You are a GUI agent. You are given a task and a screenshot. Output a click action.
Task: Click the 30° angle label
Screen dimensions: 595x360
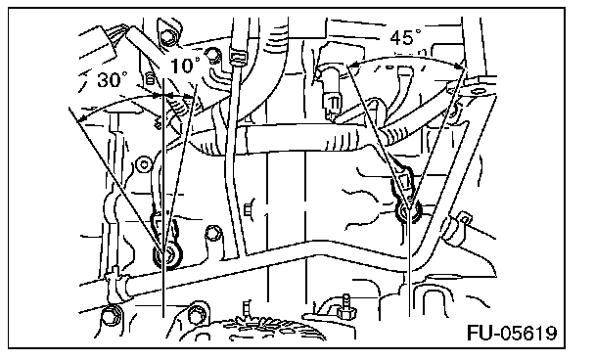click(112, 79)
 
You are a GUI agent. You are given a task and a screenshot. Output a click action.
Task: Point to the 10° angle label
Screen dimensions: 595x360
click(185, 66)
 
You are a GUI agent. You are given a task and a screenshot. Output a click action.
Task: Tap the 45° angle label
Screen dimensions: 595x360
click(405, 37)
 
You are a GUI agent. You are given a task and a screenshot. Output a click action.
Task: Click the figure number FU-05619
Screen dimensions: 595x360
click(512, 333)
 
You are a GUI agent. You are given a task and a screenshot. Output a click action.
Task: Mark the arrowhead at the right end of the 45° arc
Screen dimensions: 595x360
click(461, 66)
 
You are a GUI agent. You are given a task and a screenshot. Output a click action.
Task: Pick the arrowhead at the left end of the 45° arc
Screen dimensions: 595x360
click(353, 66)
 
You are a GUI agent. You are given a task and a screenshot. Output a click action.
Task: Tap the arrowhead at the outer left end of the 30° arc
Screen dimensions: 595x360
click(81, 118)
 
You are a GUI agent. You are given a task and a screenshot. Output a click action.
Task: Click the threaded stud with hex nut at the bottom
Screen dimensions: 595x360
click(345, 307)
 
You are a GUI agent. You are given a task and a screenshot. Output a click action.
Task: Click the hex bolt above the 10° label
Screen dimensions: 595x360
click(167, 36)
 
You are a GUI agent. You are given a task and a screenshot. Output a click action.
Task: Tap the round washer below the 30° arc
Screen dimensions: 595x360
click(144, 164)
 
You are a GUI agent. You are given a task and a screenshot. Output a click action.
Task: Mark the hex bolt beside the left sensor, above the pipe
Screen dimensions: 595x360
click(213, 233)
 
